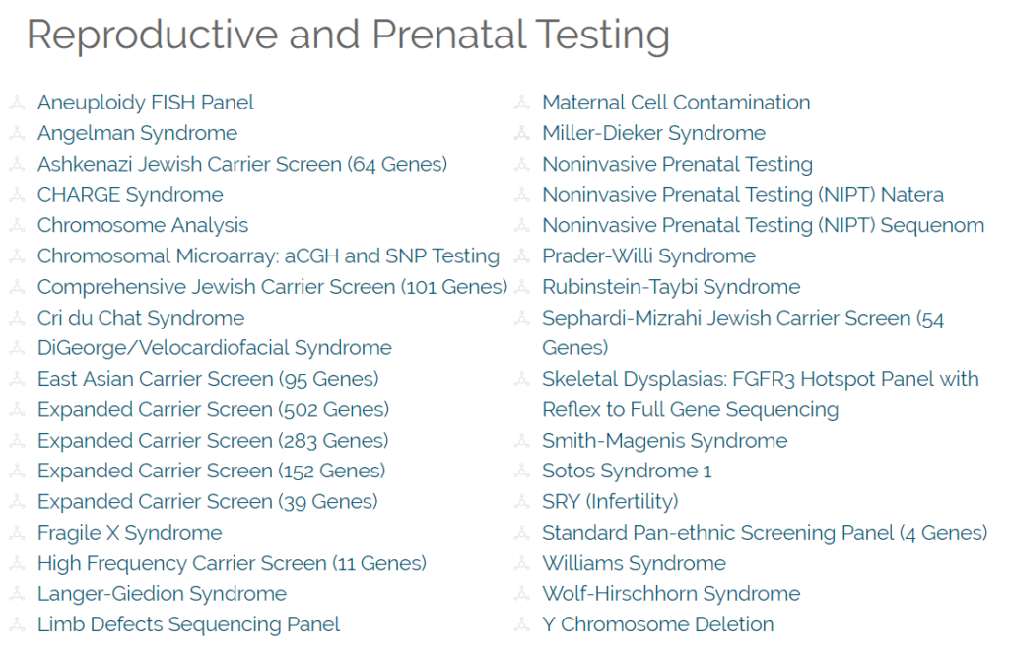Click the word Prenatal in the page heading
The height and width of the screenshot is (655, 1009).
449,34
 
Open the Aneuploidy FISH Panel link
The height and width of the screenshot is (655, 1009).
146,103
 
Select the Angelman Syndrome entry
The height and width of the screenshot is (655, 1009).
137,133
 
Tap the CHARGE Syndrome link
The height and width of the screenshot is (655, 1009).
130,195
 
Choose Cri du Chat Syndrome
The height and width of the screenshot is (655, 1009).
141,319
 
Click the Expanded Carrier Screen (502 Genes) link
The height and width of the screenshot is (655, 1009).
213,410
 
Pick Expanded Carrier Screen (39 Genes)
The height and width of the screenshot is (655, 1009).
207,502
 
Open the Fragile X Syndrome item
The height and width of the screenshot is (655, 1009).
129,534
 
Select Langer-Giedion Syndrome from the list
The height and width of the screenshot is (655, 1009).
162,594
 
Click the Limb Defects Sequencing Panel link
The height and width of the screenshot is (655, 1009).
188,624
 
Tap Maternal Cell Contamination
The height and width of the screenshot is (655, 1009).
676,103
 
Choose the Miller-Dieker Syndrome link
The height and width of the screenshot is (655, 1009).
654,133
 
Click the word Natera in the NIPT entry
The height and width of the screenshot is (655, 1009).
911,195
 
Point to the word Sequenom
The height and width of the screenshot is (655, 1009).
932,226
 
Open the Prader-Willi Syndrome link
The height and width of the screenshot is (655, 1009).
648,256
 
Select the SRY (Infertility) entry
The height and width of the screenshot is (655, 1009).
610,502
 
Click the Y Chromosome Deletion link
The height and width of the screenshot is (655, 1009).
657,624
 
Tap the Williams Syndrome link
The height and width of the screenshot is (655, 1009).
634,564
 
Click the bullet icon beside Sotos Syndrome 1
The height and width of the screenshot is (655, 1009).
521,471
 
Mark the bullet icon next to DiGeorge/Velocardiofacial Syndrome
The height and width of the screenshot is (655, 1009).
17,348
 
